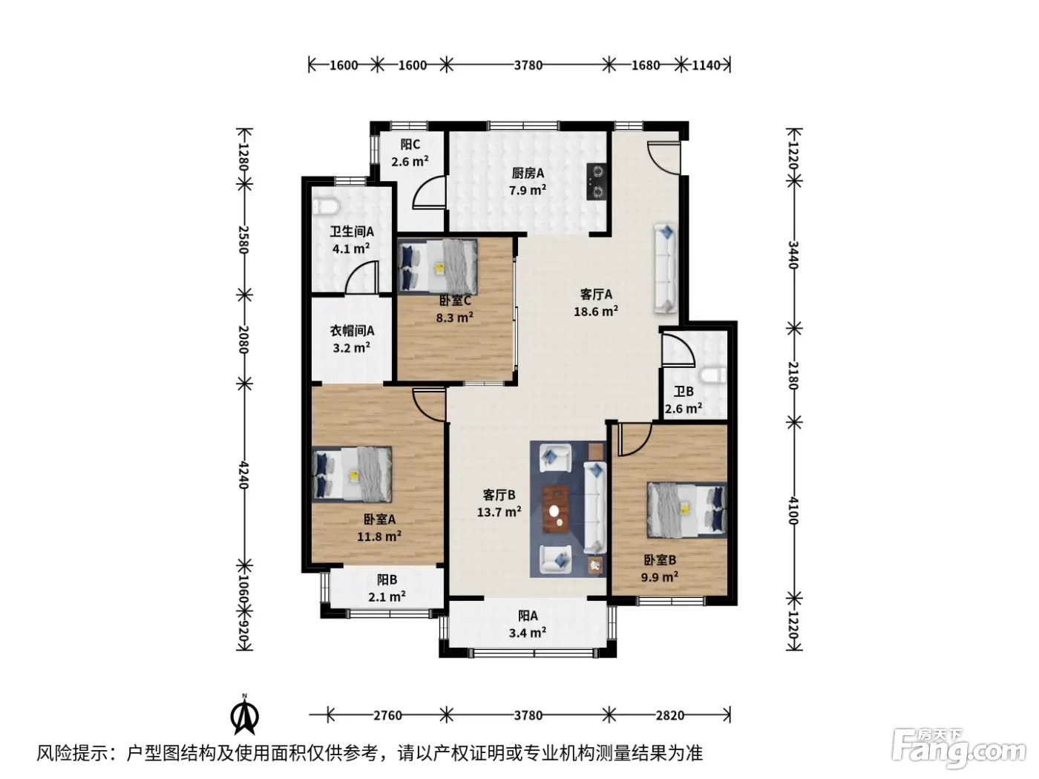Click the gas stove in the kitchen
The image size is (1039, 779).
595,181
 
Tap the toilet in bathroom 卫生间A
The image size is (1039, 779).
326,206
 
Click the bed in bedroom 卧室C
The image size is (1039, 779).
437,266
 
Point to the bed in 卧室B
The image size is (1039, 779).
686,510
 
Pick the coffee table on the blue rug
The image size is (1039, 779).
557,510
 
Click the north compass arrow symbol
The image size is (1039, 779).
244,716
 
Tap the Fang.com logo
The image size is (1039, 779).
958,749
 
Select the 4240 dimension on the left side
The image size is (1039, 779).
243,474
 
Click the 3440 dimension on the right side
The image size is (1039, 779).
793,254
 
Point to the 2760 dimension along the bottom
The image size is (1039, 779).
387,715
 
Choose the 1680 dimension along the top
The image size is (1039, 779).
645,65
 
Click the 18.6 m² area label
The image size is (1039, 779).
595,311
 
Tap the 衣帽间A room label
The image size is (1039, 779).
352,330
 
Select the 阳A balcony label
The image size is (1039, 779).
528,616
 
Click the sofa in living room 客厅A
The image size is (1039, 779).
666,268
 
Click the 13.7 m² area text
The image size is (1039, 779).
499,512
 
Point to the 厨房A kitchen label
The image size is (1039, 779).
528,173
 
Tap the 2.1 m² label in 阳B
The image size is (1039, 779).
387,597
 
